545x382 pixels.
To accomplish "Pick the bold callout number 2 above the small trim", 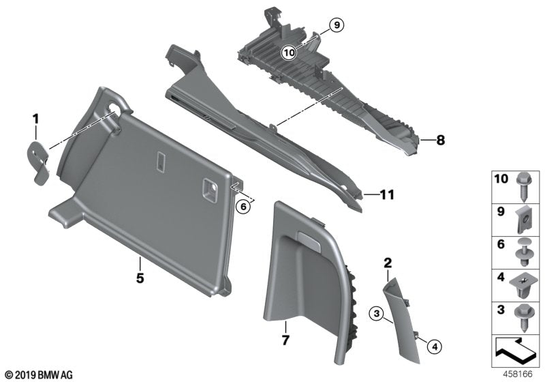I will [x=388, y=263].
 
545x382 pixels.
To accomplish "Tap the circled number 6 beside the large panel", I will [x=243, y=206].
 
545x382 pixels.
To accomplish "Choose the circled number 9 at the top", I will [x=335, y=27].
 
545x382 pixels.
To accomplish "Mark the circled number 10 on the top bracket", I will [x=289, y=51].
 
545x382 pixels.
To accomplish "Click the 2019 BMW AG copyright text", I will [x=37, y=375].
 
